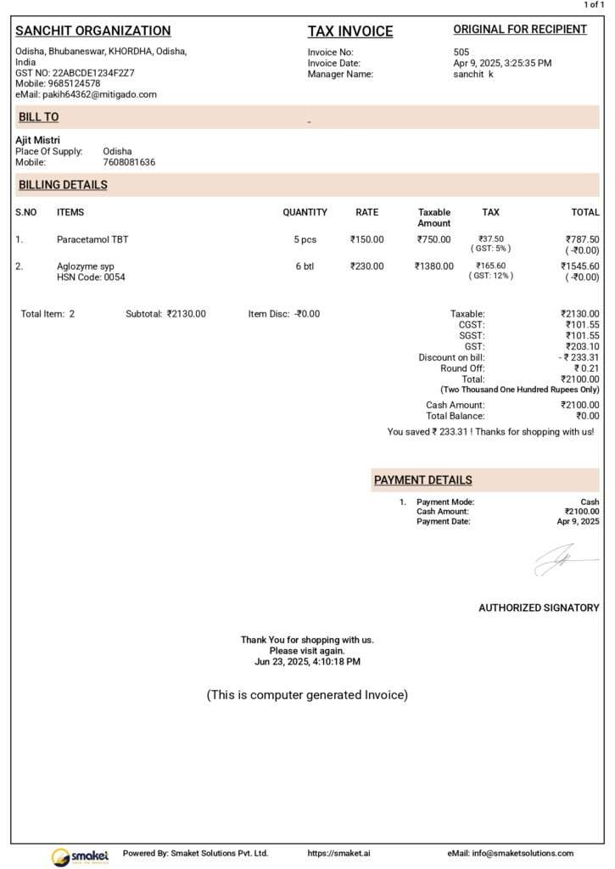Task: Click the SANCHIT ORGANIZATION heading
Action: coord(93,31)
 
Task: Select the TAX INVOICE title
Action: coord(350,32)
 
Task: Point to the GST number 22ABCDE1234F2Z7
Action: coord(93,73)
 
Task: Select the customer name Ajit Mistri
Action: coord(38,140)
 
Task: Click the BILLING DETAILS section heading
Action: coord(63,185)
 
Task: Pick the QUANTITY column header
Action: coord(305,212)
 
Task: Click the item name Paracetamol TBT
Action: coord(92,239)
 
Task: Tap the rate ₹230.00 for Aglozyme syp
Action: coord(367,266)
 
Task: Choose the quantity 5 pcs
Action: coord(305,239)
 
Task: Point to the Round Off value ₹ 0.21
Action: coord(586,368)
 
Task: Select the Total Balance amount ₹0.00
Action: coord(587,416)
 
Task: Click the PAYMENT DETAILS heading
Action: coord(423,480)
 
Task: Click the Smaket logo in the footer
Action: coord(74,855)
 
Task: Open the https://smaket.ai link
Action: coord(335,853)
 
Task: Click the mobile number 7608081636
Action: coord(129,162)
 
